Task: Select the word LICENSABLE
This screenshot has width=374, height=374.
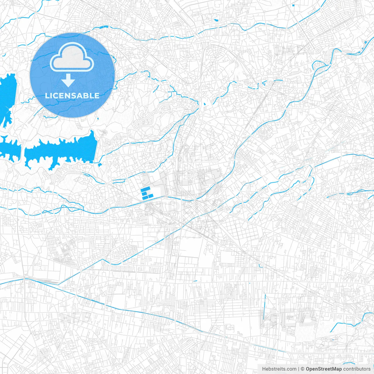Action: (72, 96)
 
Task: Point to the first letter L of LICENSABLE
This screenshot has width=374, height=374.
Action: (47, 96)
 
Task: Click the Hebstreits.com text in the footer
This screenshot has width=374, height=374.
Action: (279, 369)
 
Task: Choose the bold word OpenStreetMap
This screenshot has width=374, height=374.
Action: (324, 369)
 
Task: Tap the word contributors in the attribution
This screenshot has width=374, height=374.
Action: (357, 369)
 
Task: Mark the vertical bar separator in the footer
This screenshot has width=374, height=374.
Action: (298, 369)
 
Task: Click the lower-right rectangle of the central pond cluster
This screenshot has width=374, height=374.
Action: (150, 196)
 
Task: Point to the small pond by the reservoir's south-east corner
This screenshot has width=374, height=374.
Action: (100, 165)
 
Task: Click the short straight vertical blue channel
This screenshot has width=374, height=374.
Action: (264, 307)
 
